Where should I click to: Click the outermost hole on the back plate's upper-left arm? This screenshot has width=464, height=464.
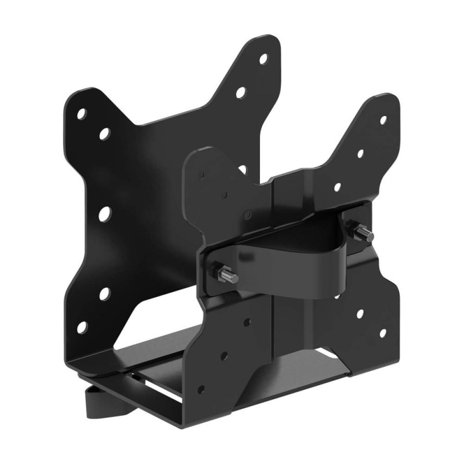pyautogui.click(x=82, y=113)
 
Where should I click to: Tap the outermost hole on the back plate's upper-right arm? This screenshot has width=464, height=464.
pyautogui.click(x=263, y=59)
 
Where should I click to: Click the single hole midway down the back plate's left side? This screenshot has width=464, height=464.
pyautogui.click(x=106, y=213)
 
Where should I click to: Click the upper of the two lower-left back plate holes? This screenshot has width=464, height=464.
pyautogui.click(x=105, y=294)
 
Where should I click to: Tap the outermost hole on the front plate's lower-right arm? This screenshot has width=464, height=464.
pyautogui.click(x=383, y=333)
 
